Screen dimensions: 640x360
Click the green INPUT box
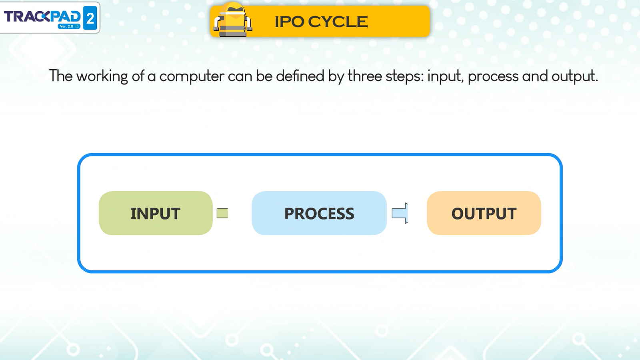(x=156, y=213)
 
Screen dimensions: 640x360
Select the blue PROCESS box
(x=319, y=213)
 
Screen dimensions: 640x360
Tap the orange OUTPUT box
(x=484, y=213)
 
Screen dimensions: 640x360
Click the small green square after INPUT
(x=222, y=213)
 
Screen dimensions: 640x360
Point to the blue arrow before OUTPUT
(x=400, y=213)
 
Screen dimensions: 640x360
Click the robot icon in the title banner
(x=233, y=20)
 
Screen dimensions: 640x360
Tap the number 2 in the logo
(x=90, y=18)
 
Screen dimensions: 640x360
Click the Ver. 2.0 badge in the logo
(x=69, y=26)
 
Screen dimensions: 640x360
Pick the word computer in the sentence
(x=192, y=76)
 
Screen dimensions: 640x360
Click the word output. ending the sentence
(x=574, y=76)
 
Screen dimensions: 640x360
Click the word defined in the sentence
(x=300, y=76)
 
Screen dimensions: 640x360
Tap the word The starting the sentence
(x=61, y=76)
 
